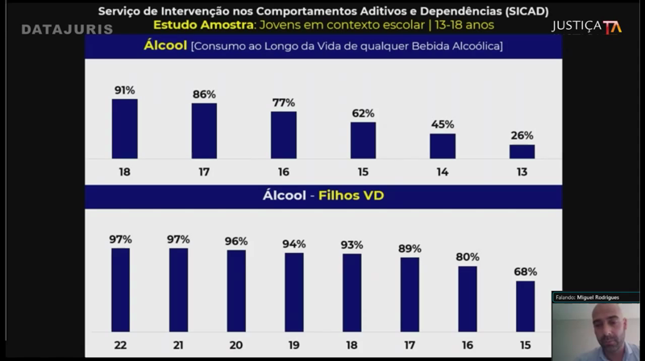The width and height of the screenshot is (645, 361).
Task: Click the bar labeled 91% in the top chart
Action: pos(124,128)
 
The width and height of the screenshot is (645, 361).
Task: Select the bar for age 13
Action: pos(522,151)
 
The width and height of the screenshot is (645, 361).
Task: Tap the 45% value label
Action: pos(443,124)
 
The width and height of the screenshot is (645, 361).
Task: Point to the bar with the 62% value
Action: pos(363,139)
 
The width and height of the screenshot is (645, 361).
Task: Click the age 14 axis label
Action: pos(443,172)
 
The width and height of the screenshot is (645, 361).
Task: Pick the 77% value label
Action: pos(283,102)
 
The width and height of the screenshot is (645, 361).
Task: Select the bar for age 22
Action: pos(120,289)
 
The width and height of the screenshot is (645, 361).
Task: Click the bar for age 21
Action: pos(178,289)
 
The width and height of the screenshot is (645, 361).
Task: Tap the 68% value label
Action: pos(525,272)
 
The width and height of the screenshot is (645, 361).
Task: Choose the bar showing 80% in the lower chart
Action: pos(468,298)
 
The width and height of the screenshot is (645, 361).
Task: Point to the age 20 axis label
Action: pos(236,345)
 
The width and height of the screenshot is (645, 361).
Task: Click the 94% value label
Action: pos(294,244)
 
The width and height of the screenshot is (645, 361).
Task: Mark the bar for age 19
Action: pos(294,292)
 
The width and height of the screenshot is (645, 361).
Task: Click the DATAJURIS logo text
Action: pos(67,29)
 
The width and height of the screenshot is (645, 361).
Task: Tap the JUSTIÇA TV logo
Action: pos(586,27)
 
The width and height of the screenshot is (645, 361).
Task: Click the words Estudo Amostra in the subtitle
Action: pos(202,25)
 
